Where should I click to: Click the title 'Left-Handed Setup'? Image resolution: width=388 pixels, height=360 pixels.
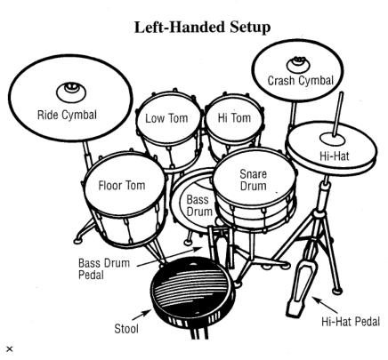(202, 28)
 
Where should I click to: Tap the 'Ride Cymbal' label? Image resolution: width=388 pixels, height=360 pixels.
(67, 115)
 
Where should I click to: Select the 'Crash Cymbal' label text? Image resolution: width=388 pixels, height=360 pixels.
(301, 81)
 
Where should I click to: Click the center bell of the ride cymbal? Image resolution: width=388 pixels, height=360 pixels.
(71, 92)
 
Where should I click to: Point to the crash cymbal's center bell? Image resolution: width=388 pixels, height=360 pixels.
(298, 64)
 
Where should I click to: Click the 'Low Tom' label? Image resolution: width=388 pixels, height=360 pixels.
(166, 118)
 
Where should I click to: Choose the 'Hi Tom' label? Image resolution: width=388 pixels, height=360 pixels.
(234, 117)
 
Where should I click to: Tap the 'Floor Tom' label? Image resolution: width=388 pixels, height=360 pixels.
(122, 186)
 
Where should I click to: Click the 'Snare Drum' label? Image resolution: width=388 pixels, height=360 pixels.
(253, 180)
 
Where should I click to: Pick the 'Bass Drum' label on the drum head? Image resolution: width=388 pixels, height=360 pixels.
(198, 205)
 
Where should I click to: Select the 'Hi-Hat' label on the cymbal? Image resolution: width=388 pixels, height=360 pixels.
(335, 156)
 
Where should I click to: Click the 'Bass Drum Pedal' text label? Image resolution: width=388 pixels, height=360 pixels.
(104, 269)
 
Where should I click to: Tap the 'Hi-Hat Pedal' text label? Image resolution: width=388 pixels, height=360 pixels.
(351, 322)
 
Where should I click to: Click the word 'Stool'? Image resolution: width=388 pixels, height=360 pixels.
(126, 329)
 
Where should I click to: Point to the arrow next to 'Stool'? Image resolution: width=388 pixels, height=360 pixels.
(142, 315)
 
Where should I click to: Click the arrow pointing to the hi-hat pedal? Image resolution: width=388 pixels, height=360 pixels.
(325, 305)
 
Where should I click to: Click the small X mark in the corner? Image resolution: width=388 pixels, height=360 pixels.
(10, 349)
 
